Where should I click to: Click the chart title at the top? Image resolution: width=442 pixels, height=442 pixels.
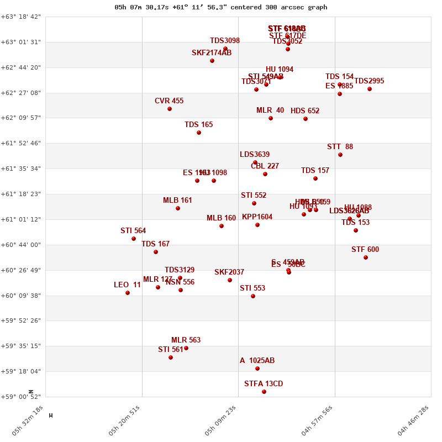[x=221, y=7]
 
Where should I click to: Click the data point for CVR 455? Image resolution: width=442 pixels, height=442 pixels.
[x=170, y=109]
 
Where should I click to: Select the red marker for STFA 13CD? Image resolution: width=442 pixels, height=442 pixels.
[x=264, y=392]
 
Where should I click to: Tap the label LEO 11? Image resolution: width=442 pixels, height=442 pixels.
[x=127, y=285]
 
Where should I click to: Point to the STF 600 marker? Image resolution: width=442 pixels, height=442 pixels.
[x=366, y=257]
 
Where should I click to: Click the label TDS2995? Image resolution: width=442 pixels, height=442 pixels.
[x=369, y=81]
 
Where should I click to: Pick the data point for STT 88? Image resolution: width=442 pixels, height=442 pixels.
[x=340, y=155]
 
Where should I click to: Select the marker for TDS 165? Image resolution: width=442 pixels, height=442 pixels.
[x=199, y=133]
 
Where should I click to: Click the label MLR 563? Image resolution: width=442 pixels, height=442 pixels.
[x=186, y=340]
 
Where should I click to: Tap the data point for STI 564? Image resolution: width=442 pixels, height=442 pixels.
[x=134, y=239]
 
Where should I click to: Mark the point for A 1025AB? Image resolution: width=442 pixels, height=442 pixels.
[x=257, y=369]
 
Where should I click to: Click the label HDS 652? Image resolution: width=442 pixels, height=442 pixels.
[x=305, y=111]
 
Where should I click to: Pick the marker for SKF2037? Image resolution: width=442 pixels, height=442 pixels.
[x=230, y=280]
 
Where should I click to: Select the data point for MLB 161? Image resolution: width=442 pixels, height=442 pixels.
[x=178, y=208]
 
